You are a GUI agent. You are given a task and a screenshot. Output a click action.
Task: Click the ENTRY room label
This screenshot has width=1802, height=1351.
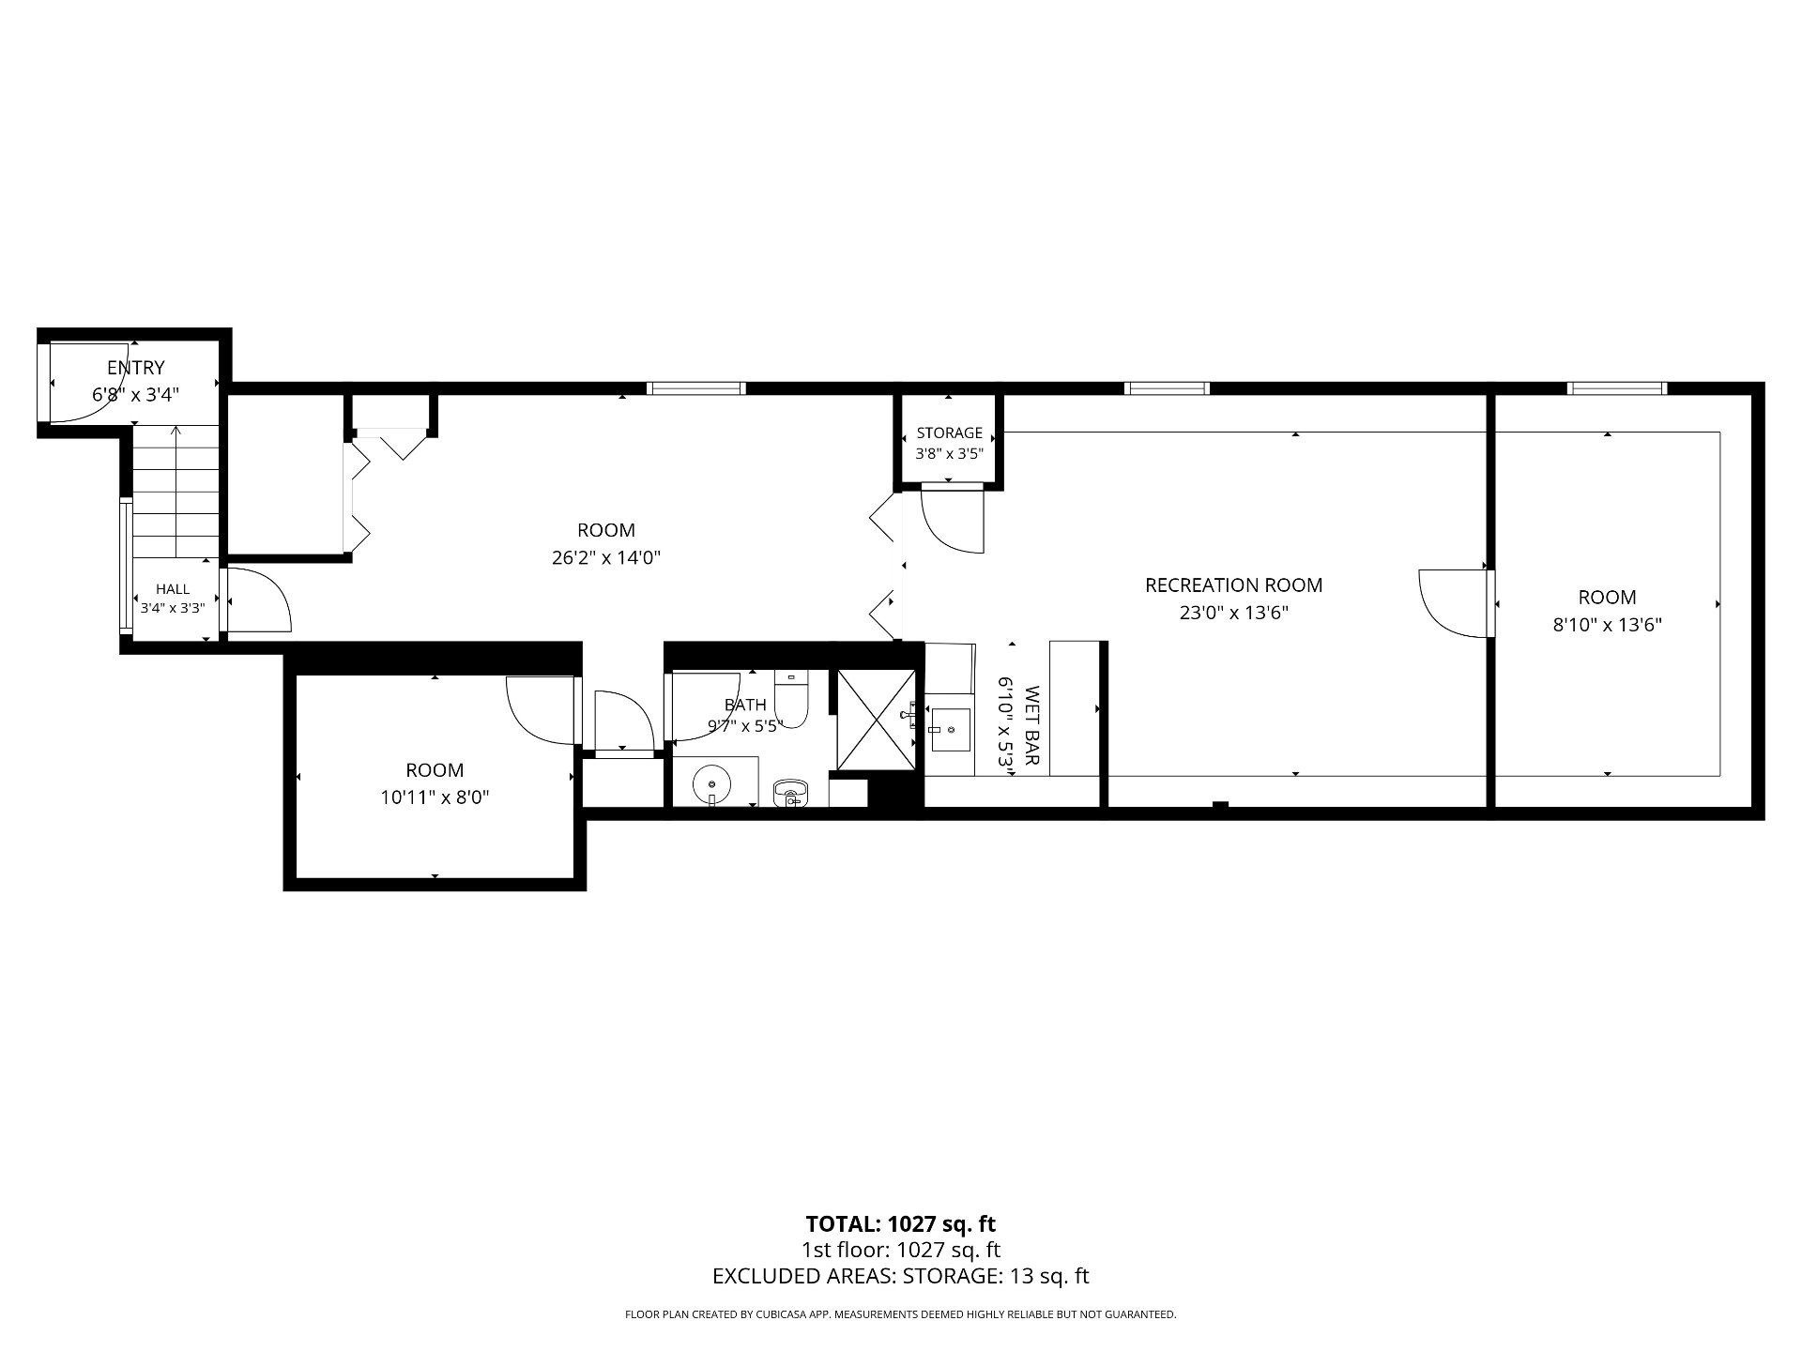click(x=136, y=367)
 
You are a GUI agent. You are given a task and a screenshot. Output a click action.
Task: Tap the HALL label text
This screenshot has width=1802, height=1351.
click(x=173, y=589)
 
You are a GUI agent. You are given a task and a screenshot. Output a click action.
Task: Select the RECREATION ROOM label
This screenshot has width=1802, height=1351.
click(x=1233, y=585)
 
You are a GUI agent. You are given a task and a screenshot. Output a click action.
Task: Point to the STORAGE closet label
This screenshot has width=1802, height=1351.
click(x=949, y=433)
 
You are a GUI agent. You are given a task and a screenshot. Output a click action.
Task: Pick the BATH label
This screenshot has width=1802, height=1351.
click(x=745, y=705)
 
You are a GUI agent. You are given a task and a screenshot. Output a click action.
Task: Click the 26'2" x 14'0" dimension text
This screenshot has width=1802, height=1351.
click(x=606, y=558)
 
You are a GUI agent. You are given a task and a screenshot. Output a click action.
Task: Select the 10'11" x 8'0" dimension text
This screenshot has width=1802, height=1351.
click(x=435, y=797)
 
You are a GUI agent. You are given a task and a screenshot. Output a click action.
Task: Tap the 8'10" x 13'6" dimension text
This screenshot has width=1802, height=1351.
click(x=1607, y=625)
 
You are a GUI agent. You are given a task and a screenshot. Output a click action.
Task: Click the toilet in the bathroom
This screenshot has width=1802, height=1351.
click(x=792, y=699)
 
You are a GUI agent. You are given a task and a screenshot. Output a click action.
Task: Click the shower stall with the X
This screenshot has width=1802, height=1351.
click(x=874, y=720)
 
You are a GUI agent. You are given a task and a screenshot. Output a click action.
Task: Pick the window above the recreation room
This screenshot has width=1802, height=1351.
click(x=1167, y=387)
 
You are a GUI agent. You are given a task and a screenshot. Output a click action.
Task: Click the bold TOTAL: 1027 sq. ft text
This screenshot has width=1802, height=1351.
click(x=901, y=1223)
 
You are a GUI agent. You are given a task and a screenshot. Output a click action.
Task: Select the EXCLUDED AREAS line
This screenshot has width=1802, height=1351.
click(x=901, y=1276)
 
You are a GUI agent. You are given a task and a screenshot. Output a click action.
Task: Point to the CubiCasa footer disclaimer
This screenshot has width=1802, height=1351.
click(x=901, y=1314)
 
